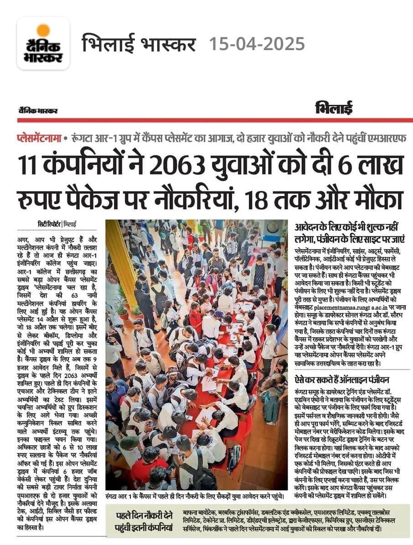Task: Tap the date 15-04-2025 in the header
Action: pyautogui.click(x=257, y=44)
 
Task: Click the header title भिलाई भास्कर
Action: pyautogui.click(x=139, y=44)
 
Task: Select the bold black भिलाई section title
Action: pyautogui.click(x=334, y=109)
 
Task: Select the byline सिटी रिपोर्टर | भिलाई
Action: pyautogui.click(x=57, y=224)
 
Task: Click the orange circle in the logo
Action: pyautogui.click(x=43, y=31)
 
